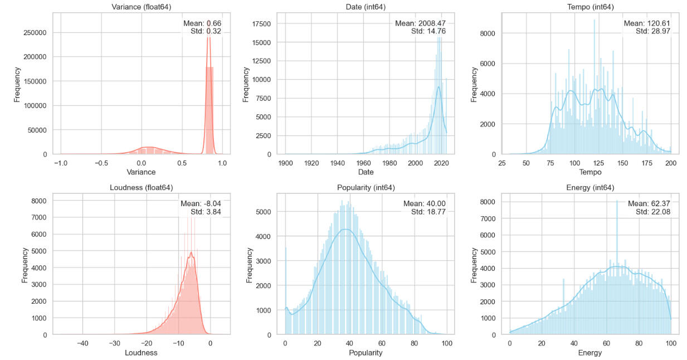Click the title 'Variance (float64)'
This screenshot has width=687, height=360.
point(142,7)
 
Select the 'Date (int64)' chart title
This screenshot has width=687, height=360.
point(366,7)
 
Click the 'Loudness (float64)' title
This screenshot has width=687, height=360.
point(142,187)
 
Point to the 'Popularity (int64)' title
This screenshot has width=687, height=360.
point(366,187)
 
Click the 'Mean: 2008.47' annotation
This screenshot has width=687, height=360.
point(420,23)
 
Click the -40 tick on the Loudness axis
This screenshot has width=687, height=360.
point(82,343)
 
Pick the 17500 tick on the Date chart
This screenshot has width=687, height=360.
point(260,23)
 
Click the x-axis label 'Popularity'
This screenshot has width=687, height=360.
point(366,353)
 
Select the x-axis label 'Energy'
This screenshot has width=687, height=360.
point(590,353)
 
